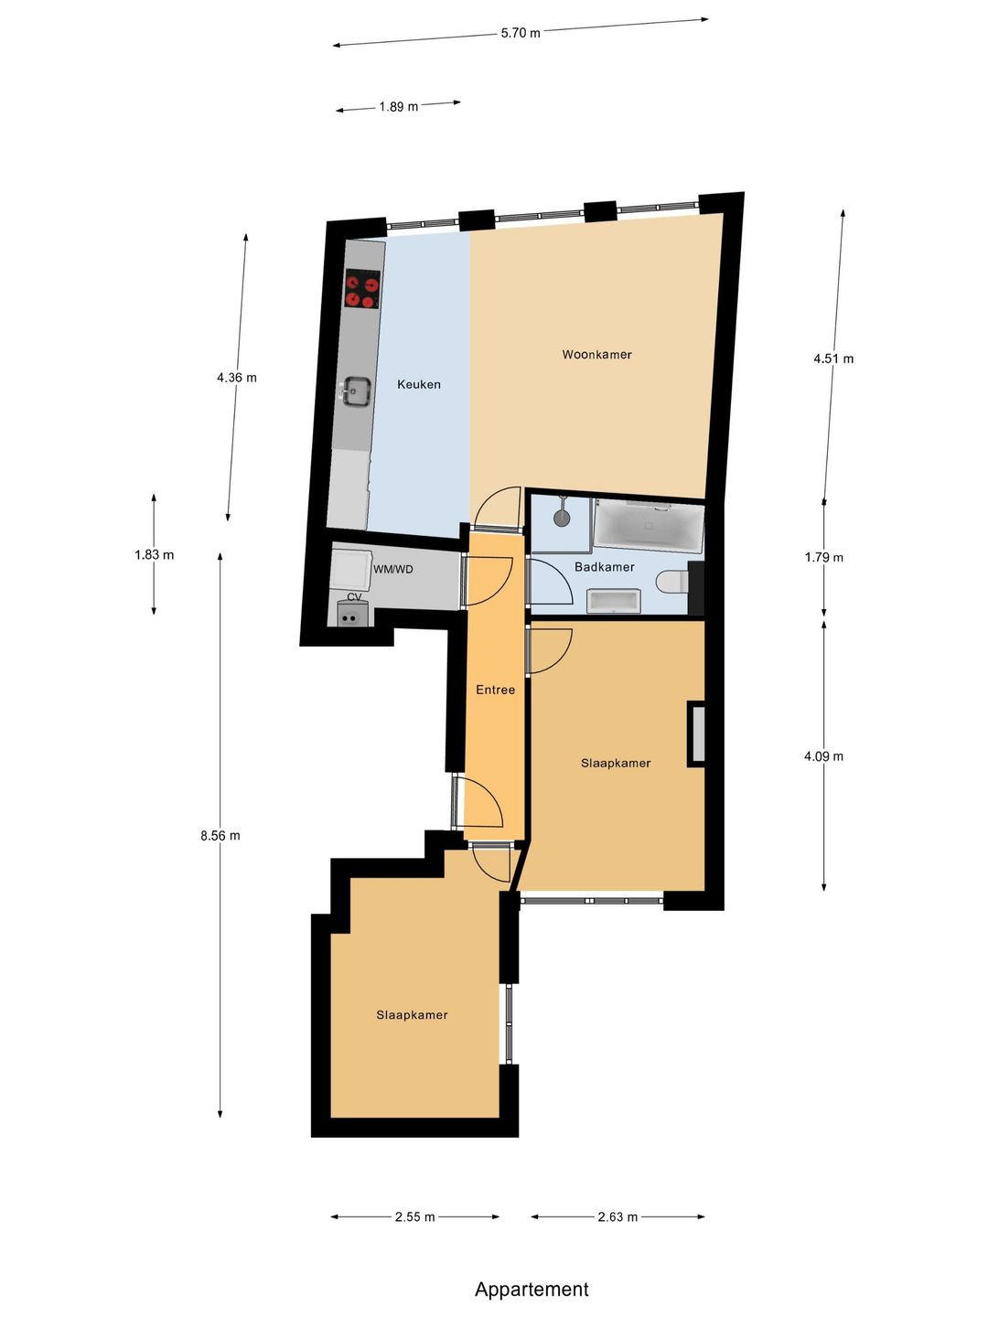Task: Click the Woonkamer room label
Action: pos(596,355)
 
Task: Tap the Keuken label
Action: pos(419,385)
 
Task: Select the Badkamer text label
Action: pos(604,567)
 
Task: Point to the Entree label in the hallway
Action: pos(495,690)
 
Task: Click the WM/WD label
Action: pos(393,570)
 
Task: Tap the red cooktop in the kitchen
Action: pos(362,289)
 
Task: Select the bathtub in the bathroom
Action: pos(648,526)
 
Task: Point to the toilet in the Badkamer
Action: pos(671,582)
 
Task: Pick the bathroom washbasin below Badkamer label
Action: pos(614,601)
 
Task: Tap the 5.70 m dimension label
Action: pos(521,33)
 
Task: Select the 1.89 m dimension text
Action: pos(398,107)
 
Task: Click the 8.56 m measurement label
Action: pos(220,836)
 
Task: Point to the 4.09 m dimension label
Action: pos(823,756)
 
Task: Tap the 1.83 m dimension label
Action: pos(155,555)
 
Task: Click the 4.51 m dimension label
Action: pos(833,359)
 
